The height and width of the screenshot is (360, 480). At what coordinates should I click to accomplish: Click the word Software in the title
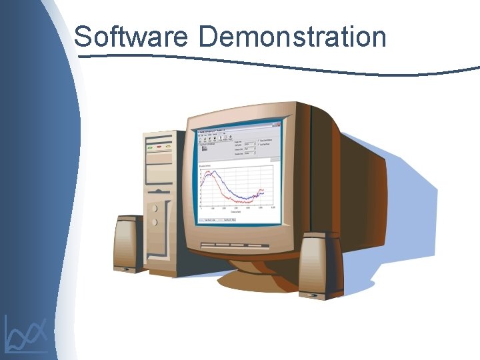131,37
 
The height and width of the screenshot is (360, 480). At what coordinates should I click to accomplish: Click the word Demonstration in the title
292,37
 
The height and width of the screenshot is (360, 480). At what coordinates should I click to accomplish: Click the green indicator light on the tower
150,147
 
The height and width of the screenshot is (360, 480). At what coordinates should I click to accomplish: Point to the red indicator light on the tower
159,147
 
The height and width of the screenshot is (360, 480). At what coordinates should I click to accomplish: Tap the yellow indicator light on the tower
167,147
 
